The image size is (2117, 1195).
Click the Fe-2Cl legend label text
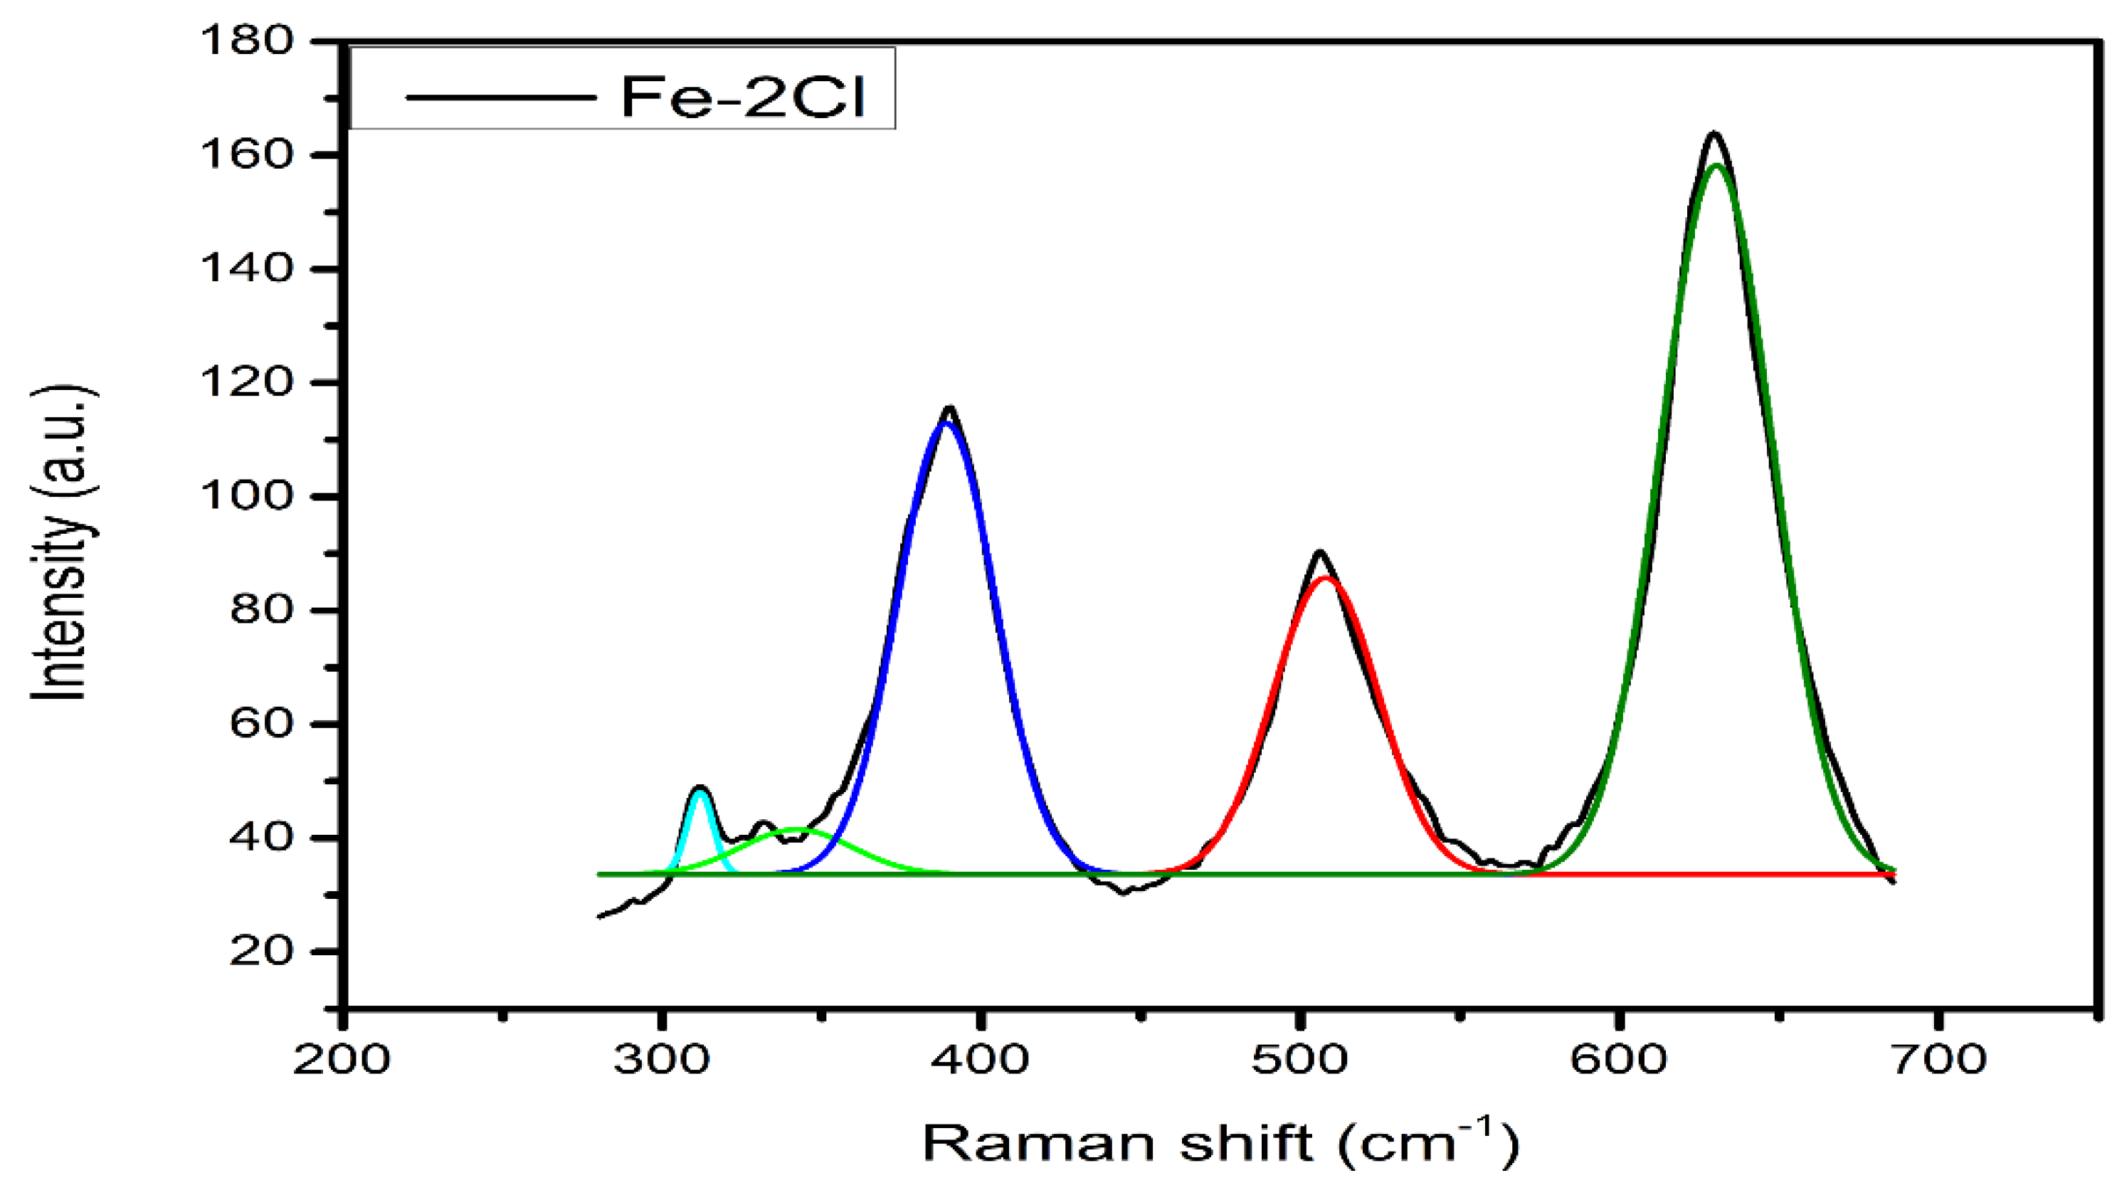tap(743, 97)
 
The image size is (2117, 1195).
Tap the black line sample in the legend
tap(500, 97)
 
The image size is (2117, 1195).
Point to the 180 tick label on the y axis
tap(246, 41)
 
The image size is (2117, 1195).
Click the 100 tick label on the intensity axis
tap(246, 496)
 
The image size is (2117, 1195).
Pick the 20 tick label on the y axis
tap(261, 952)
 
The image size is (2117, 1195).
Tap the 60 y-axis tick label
tap(261, 724)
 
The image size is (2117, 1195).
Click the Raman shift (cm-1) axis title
tap(1221, 1142)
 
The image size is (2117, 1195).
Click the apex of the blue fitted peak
tap(946, 423)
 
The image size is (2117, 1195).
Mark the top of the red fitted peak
tap(1325, 578)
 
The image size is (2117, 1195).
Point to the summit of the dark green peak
tap(1716, 166)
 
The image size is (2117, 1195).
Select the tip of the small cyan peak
tap(700, 791)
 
